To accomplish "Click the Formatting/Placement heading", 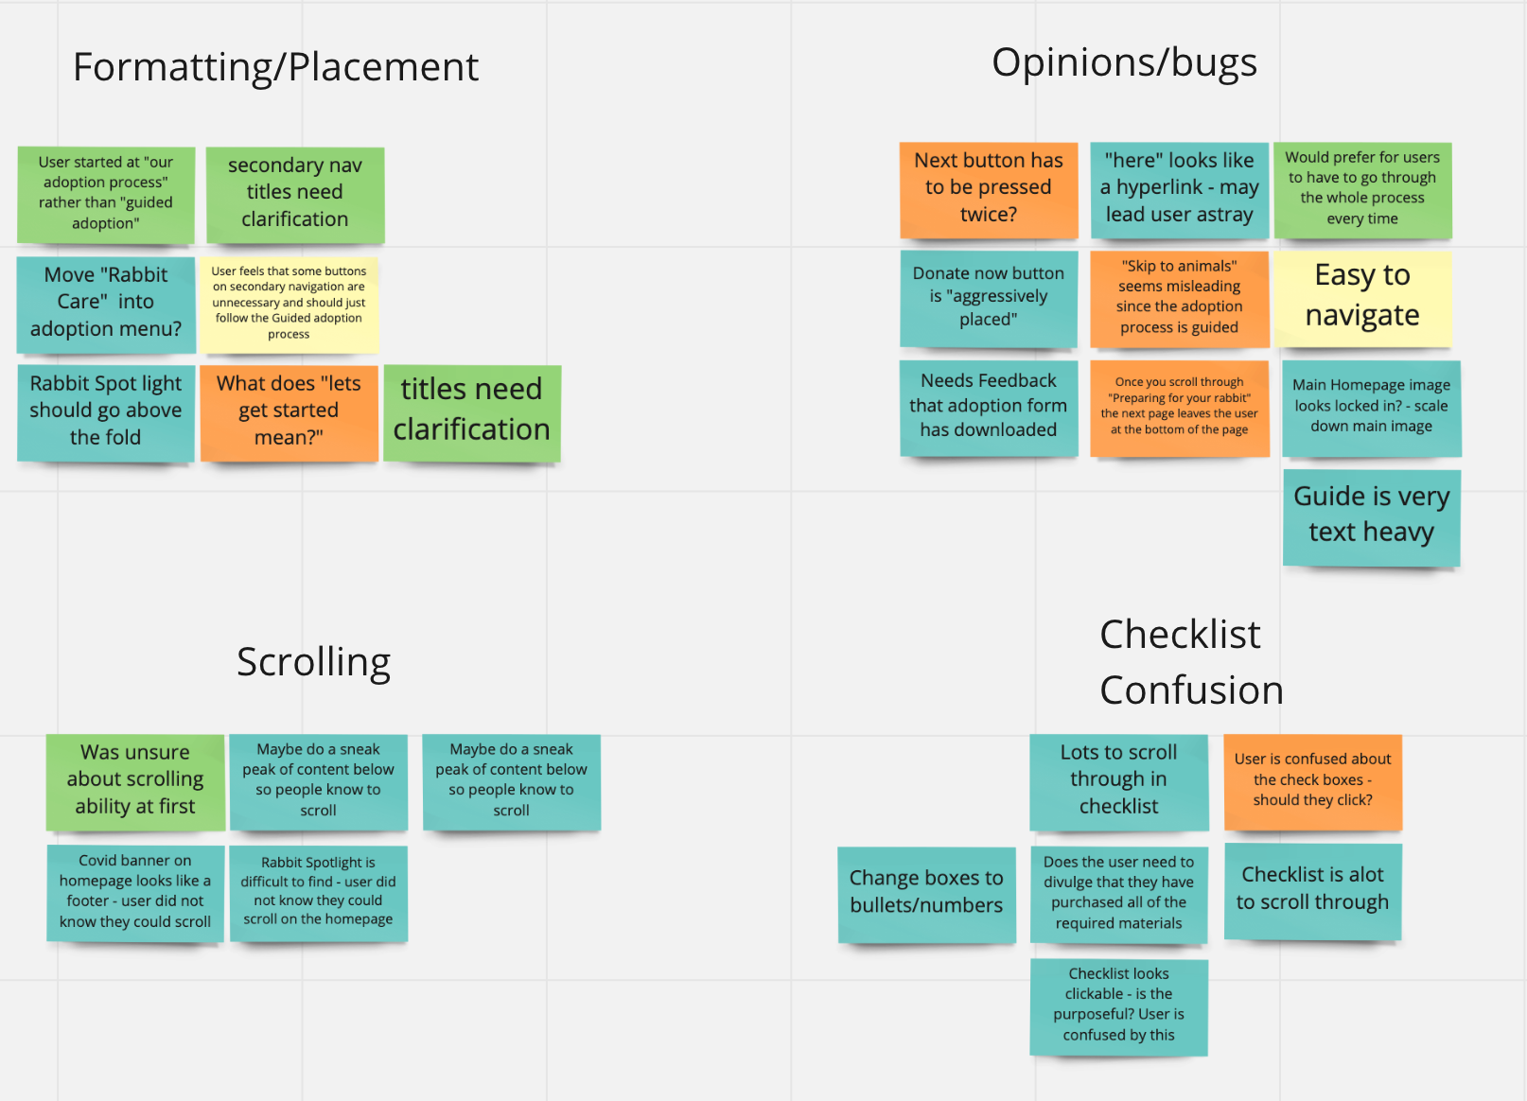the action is point(275,67).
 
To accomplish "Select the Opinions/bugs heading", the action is point(1124,62).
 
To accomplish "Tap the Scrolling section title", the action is point(313,662).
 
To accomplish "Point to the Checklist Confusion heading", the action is point(1190,662).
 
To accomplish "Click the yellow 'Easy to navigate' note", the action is point(1362,296).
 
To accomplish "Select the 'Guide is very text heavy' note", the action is point(1371,516).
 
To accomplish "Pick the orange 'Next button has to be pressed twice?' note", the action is point(989,188).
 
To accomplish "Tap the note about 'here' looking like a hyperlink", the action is point(1179,188).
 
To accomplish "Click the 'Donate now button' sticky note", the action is point(989,297).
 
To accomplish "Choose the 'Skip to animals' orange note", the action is point(1179,297).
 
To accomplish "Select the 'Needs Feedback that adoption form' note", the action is point(989,406).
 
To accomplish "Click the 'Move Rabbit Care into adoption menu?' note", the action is point(106,303).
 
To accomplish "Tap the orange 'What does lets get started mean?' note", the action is point(289,411).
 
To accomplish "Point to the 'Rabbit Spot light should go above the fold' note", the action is point(106,411).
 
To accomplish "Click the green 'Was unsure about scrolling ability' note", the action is point(135,780).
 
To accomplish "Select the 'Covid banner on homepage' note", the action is point(135,891).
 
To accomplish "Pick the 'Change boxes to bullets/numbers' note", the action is point(926,893).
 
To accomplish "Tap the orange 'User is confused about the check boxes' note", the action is point(1312,780).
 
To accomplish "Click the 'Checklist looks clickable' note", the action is point(1118,1005).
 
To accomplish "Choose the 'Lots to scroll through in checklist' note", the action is point(1118,780).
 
